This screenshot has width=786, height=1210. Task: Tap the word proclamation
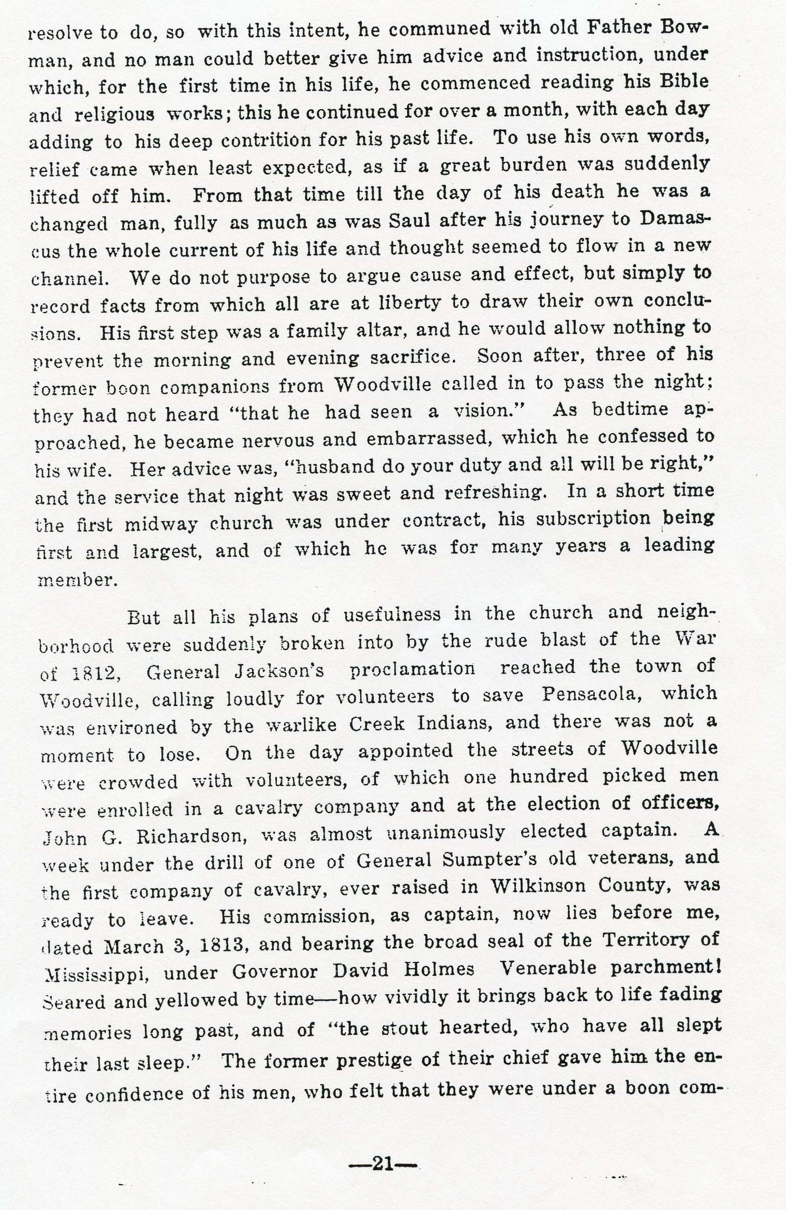(x=412, y=669)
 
